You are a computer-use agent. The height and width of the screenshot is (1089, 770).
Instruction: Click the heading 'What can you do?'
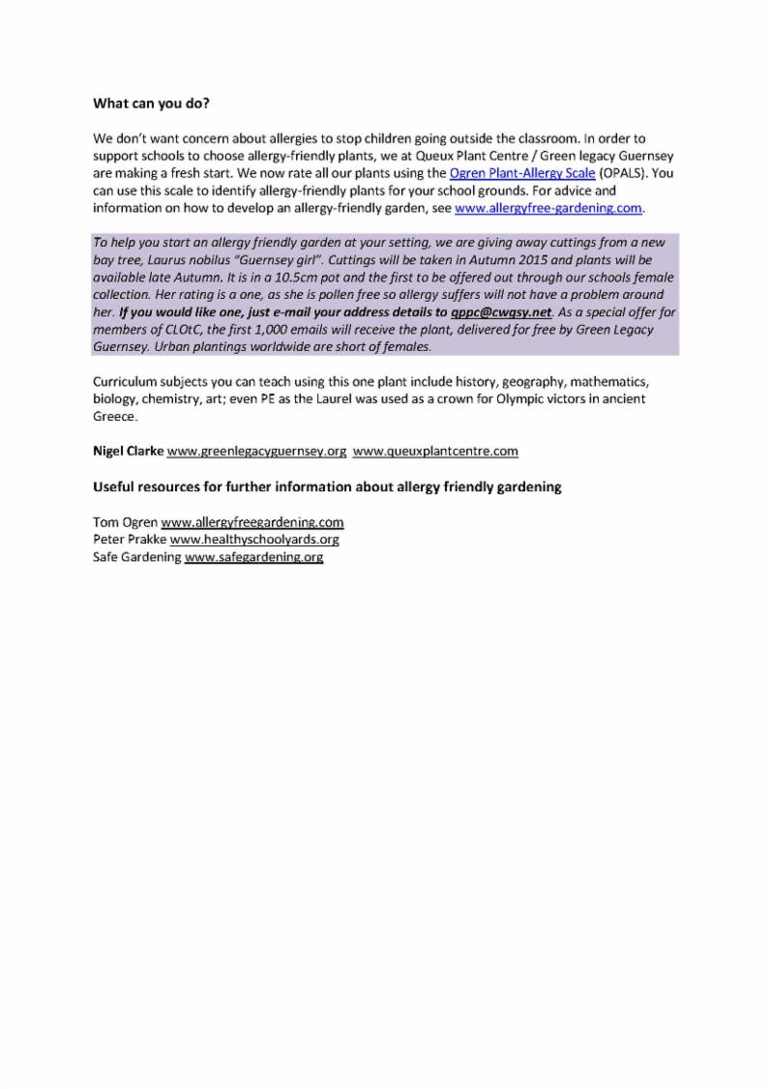point(151,103)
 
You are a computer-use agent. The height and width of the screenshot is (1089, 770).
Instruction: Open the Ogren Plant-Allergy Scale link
point(522,173)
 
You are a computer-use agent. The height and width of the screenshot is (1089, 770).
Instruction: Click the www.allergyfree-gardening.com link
point(548,208)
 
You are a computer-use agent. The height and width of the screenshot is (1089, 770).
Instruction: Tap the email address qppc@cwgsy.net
point(501,312)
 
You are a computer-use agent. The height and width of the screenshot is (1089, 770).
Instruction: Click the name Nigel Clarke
point(128,451)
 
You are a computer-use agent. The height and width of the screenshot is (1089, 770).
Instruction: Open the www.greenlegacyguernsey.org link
point(256,451)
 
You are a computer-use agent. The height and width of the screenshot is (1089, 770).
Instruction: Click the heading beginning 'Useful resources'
point(327,487)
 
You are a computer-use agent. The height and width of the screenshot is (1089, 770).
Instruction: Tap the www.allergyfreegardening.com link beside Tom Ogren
point(252,522)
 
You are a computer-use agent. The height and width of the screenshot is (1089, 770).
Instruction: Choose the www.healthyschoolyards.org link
point(254,540)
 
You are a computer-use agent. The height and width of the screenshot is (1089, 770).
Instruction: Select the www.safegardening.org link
point(253,557)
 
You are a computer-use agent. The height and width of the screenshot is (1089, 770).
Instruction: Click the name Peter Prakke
point(130,540)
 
